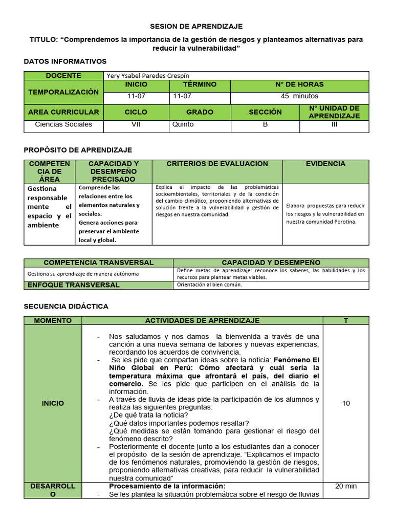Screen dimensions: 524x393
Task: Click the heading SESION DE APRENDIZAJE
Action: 196,26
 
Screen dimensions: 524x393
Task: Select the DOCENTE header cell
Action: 63,75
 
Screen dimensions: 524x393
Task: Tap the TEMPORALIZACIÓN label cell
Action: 63,92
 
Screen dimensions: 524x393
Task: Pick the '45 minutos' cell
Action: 299,96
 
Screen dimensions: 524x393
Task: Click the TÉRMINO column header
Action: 200,84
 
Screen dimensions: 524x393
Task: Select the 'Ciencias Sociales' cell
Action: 63,124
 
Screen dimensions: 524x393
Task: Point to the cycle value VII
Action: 136,124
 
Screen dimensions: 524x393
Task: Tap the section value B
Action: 265,124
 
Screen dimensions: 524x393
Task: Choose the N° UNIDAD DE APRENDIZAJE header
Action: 334,112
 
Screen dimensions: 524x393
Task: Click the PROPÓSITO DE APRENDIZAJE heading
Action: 78,150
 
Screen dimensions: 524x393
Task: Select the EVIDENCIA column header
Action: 325,164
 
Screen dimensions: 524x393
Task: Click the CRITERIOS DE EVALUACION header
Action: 217,164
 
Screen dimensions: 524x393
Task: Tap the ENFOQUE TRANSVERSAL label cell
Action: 73,285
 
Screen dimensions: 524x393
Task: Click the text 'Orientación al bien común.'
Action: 209,285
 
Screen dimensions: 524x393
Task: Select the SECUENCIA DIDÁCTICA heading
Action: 66,306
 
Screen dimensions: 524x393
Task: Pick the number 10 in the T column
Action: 346,403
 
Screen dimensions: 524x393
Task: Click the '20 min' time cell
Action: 346,486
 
